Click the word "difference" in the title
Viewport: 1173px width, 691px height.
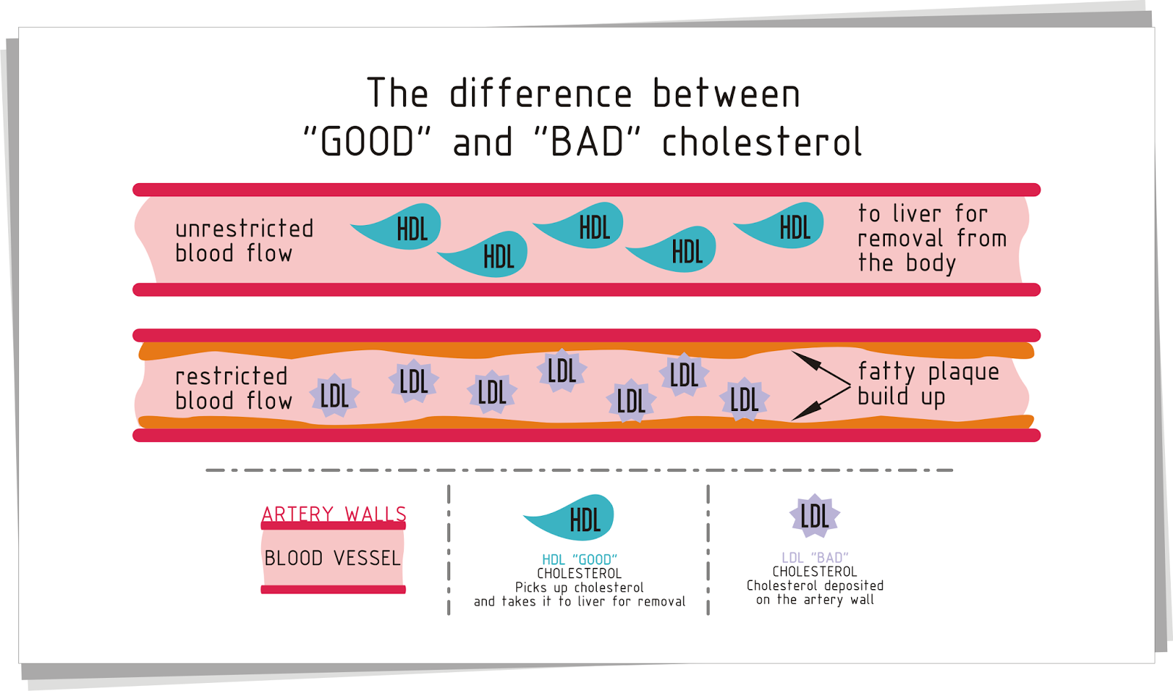point(540,94)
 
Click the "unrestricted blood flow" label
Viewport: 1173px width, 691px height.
point(243,241)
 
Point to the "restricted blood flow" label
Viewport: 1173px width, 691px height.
point(232,388)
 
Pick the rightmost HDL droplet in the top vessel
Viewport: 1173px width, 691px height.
point(784,226)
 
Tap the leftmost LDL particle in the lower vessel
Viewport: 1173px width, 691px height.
point(334,396)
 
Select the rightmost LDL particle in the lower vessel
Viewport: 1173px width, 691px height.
point(744,399)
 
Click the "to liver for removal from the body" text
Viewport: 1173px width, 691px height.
point(931,238)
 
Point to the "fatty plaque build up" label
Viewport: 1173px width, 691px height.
point(927,384)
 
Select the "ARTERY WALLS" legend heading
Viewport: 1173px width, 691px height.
point(334,514)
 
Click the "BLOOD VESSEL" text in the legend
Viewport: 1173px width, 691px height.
point(333,558)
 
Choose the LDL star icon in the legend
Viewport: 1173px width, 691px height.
point(815,516)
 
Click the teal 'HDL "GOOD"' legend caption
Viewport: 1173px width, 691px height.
point(579,560)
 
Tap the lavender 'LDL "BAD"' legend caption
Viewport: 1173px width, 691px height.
point(815,558)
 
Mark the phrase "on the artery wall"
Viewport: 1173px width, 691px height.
point(815,600)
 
